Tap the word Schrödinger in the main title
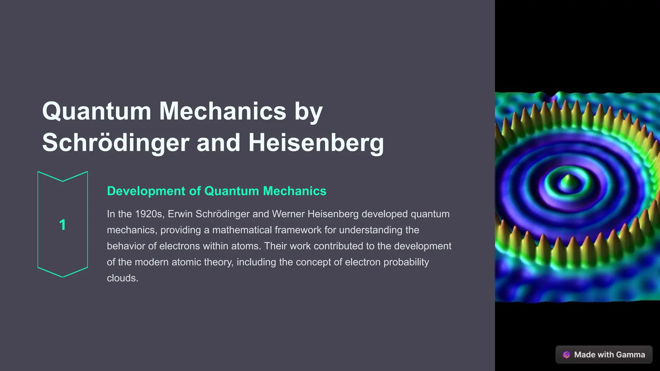pos(115,143)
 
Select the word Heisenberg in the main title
pos(316,143)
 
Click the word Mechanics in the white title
pos(223,111)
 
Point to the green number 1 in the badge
pos(63,225)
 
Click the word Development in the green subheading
pos(146,191)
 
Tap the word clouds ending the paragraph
pos(122,278)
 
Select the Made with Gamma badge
pos(604,355)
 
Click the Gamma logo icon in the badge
pos(566,355)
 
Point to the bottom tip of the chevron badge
pos(63,276)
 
